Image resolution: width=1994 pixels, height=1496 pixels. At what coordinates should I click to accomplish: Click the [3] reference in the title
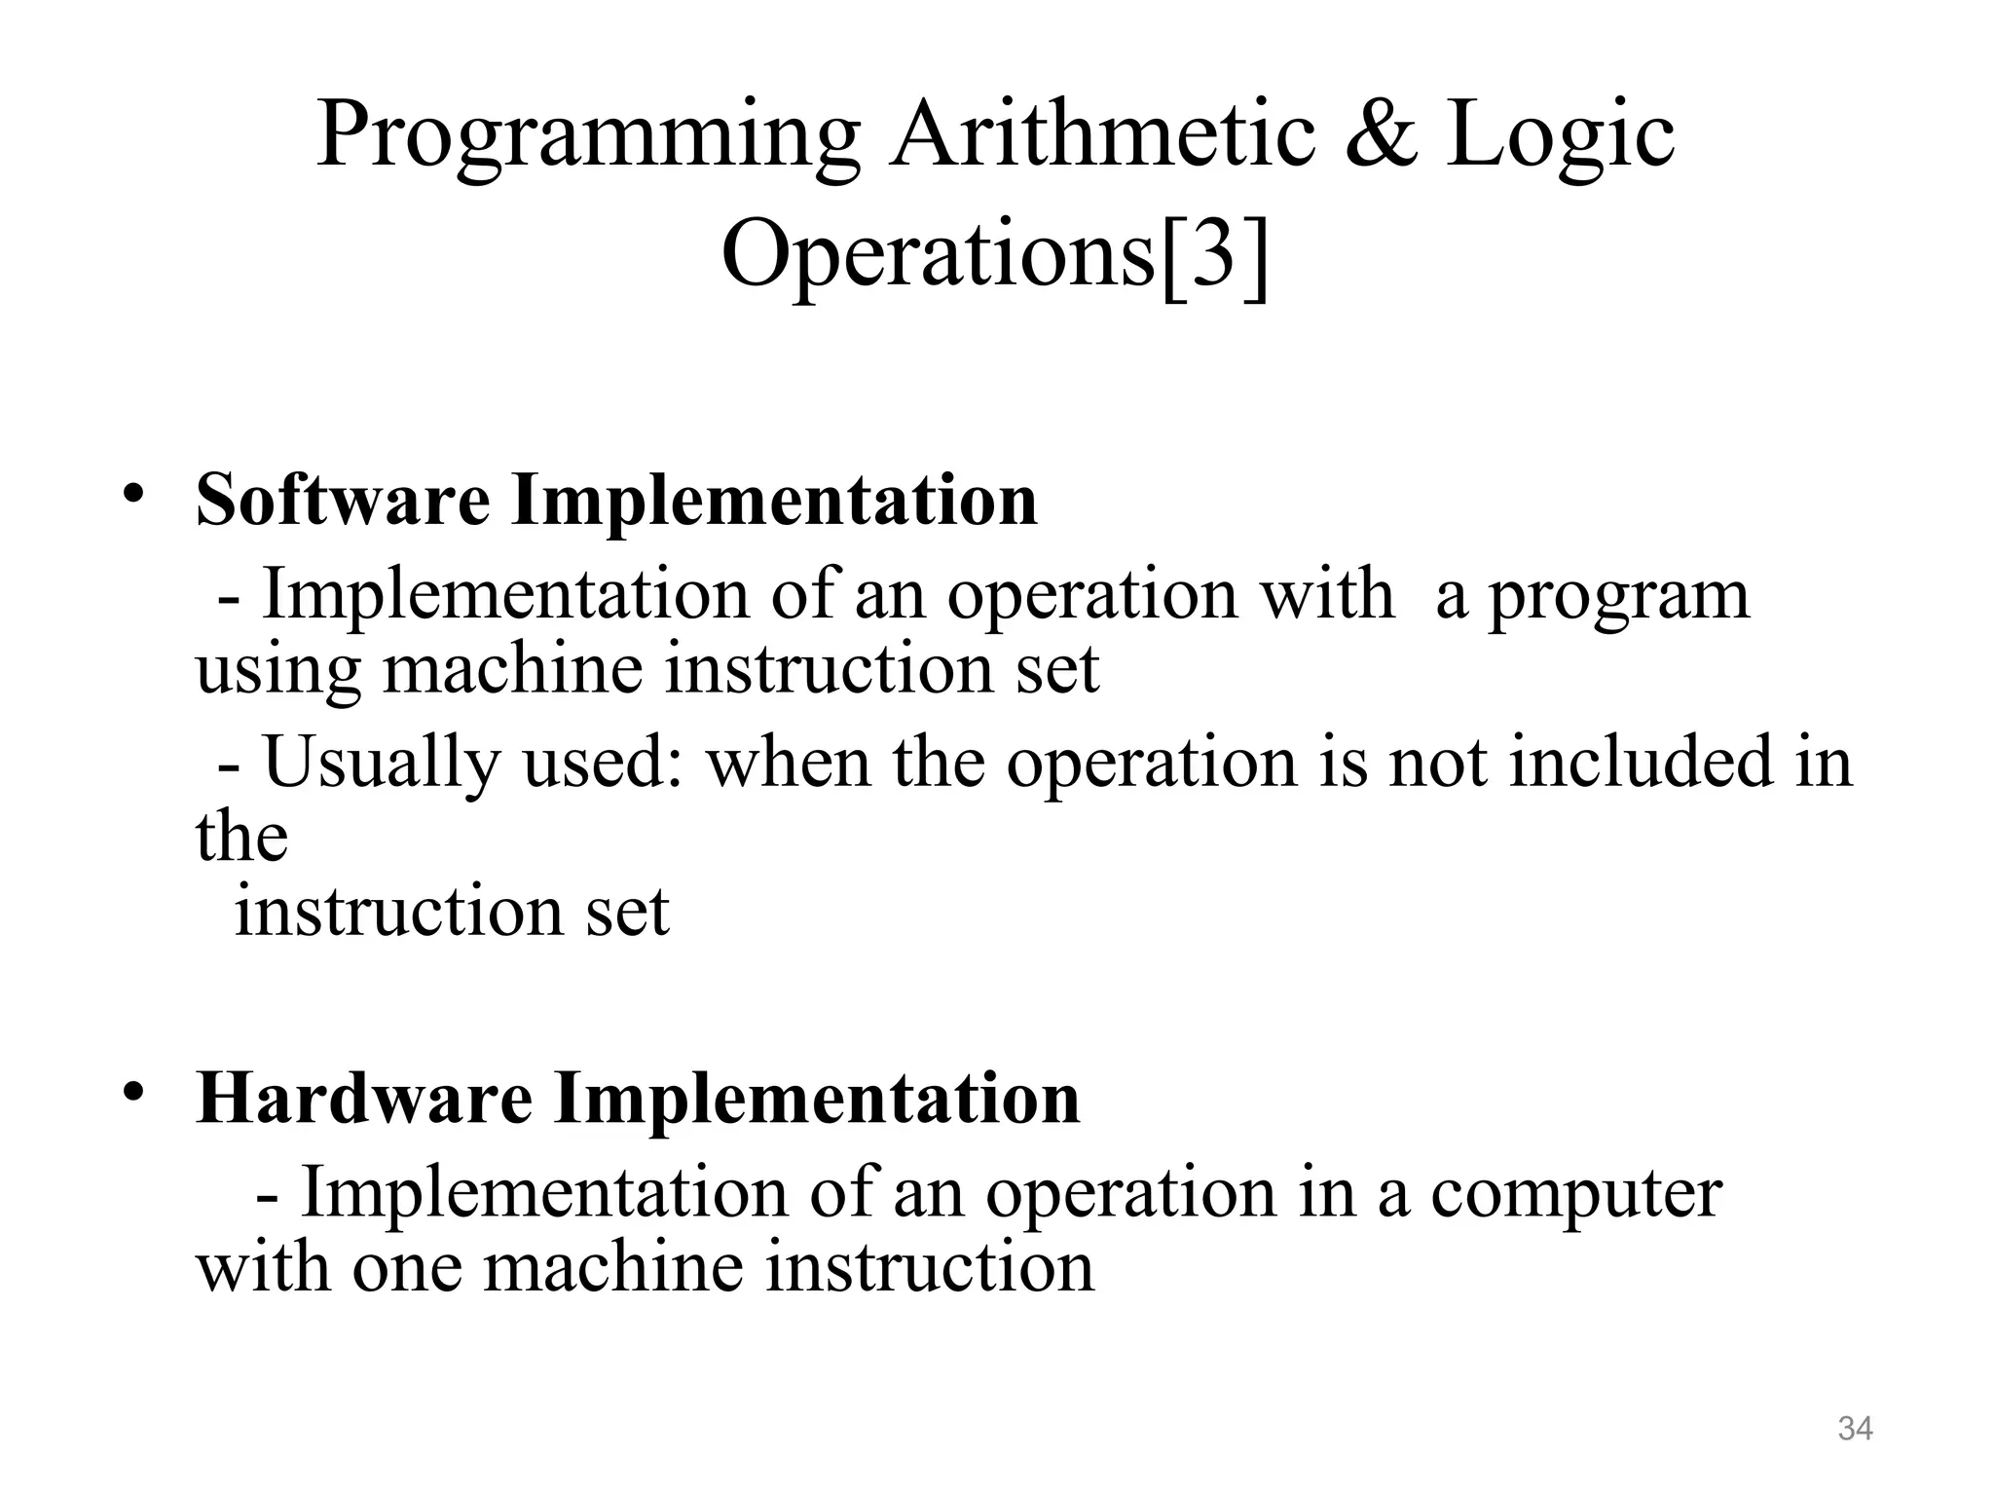point(1215,255)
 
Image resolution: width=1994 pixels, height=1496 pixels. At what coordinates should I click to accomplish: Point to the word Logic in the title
point(1561,138)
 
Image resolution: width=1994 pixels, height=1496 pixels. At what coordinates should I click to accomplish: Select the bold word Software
point(343,500)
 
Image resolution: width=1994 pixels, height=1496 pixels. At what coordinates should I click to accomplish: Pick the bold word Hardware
point(364,1099)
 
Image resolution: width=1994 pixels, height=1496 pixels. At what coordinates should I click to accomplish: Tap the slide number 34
point(1855,1429)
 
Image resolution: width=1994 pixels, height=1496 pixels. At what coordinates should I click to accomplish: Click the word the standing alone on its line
point(241,836)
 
